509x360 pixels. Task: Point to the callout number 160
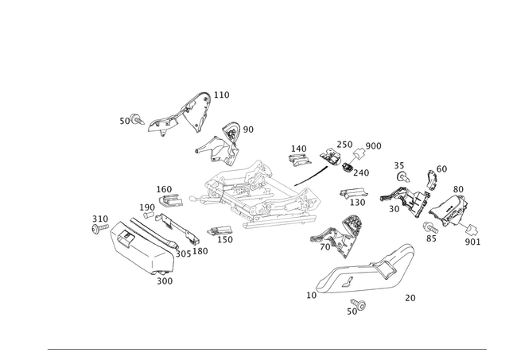point(99,216)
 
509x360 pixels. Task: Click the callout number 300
point(165,280)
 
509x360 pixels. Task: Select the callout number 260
point(473,241)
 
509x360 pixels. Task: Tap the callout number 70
point(410,298)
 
